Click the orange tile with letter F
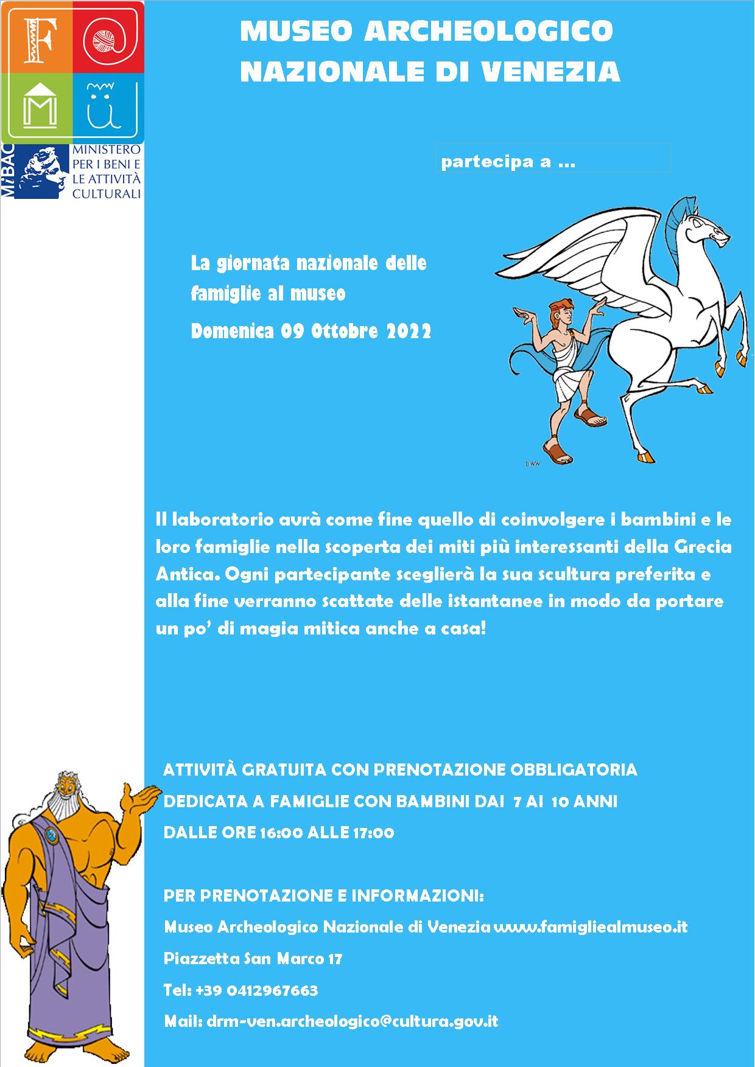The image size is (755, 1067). tap(37, 36)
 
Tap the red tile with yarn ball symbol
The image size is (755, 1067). tap(108, 36)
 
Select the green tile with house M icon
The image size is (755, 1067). tap(37, 106)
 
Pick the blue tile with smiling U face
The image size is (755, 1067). tap(108, 106)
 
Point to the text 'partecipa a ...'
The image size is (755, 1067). tap(508, 162)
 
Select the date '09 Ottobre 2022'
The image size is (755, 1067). tap(356, 332)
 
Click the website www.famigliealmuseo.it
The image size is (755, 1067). tap(590, 927)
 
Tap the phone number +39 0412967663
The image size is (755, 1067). tap(256, 990)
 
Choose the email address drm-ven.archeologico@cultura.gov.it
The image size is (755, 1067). tap(352, 1021)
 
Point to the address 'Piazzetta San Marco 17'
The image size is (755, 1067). tap(253, 959)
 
